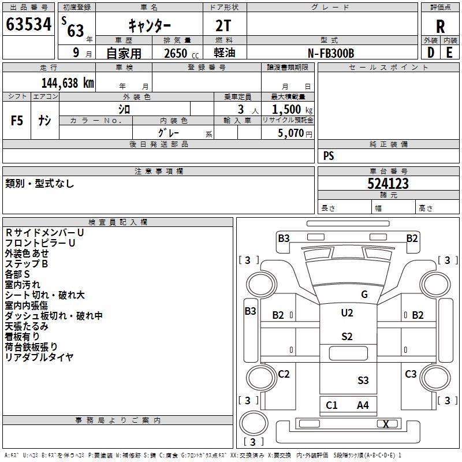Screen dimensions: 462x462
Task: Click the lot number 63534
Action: click(28, 24)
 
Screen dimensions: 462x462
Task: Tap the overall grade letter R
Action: click(440, 25)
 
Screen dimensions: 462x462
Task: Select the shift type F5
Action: click(17, 120)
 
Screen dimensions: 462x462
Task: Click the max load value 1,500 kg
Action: click(292, 110)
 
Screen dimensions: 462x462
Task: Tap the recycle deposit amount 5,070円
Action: click(295, 133)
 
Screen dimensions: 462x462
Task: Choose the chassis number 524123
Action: click(388, 184)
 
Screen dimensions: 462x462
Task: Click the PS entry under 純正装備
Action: click(329, 156)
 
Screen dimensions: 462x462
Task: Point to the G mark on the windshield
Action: click(364, 295)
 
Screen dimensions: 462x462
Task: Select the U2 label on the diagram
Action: click(346, 313)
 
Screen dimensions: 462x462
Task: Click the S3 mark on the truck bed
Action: click(363, 380)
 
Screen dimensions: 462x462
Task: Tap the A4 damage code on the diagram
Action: click(363, 405)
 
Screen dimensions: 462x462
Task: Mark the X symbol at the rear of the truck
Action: click(386, 424)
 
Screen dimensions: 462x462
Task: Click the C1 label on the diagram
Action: click(331, 405)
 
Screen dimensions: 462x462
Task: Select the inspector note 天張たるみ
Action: click(27, 326)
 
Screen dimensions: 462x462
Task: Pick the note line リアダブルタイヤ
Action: click(39, 357)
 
